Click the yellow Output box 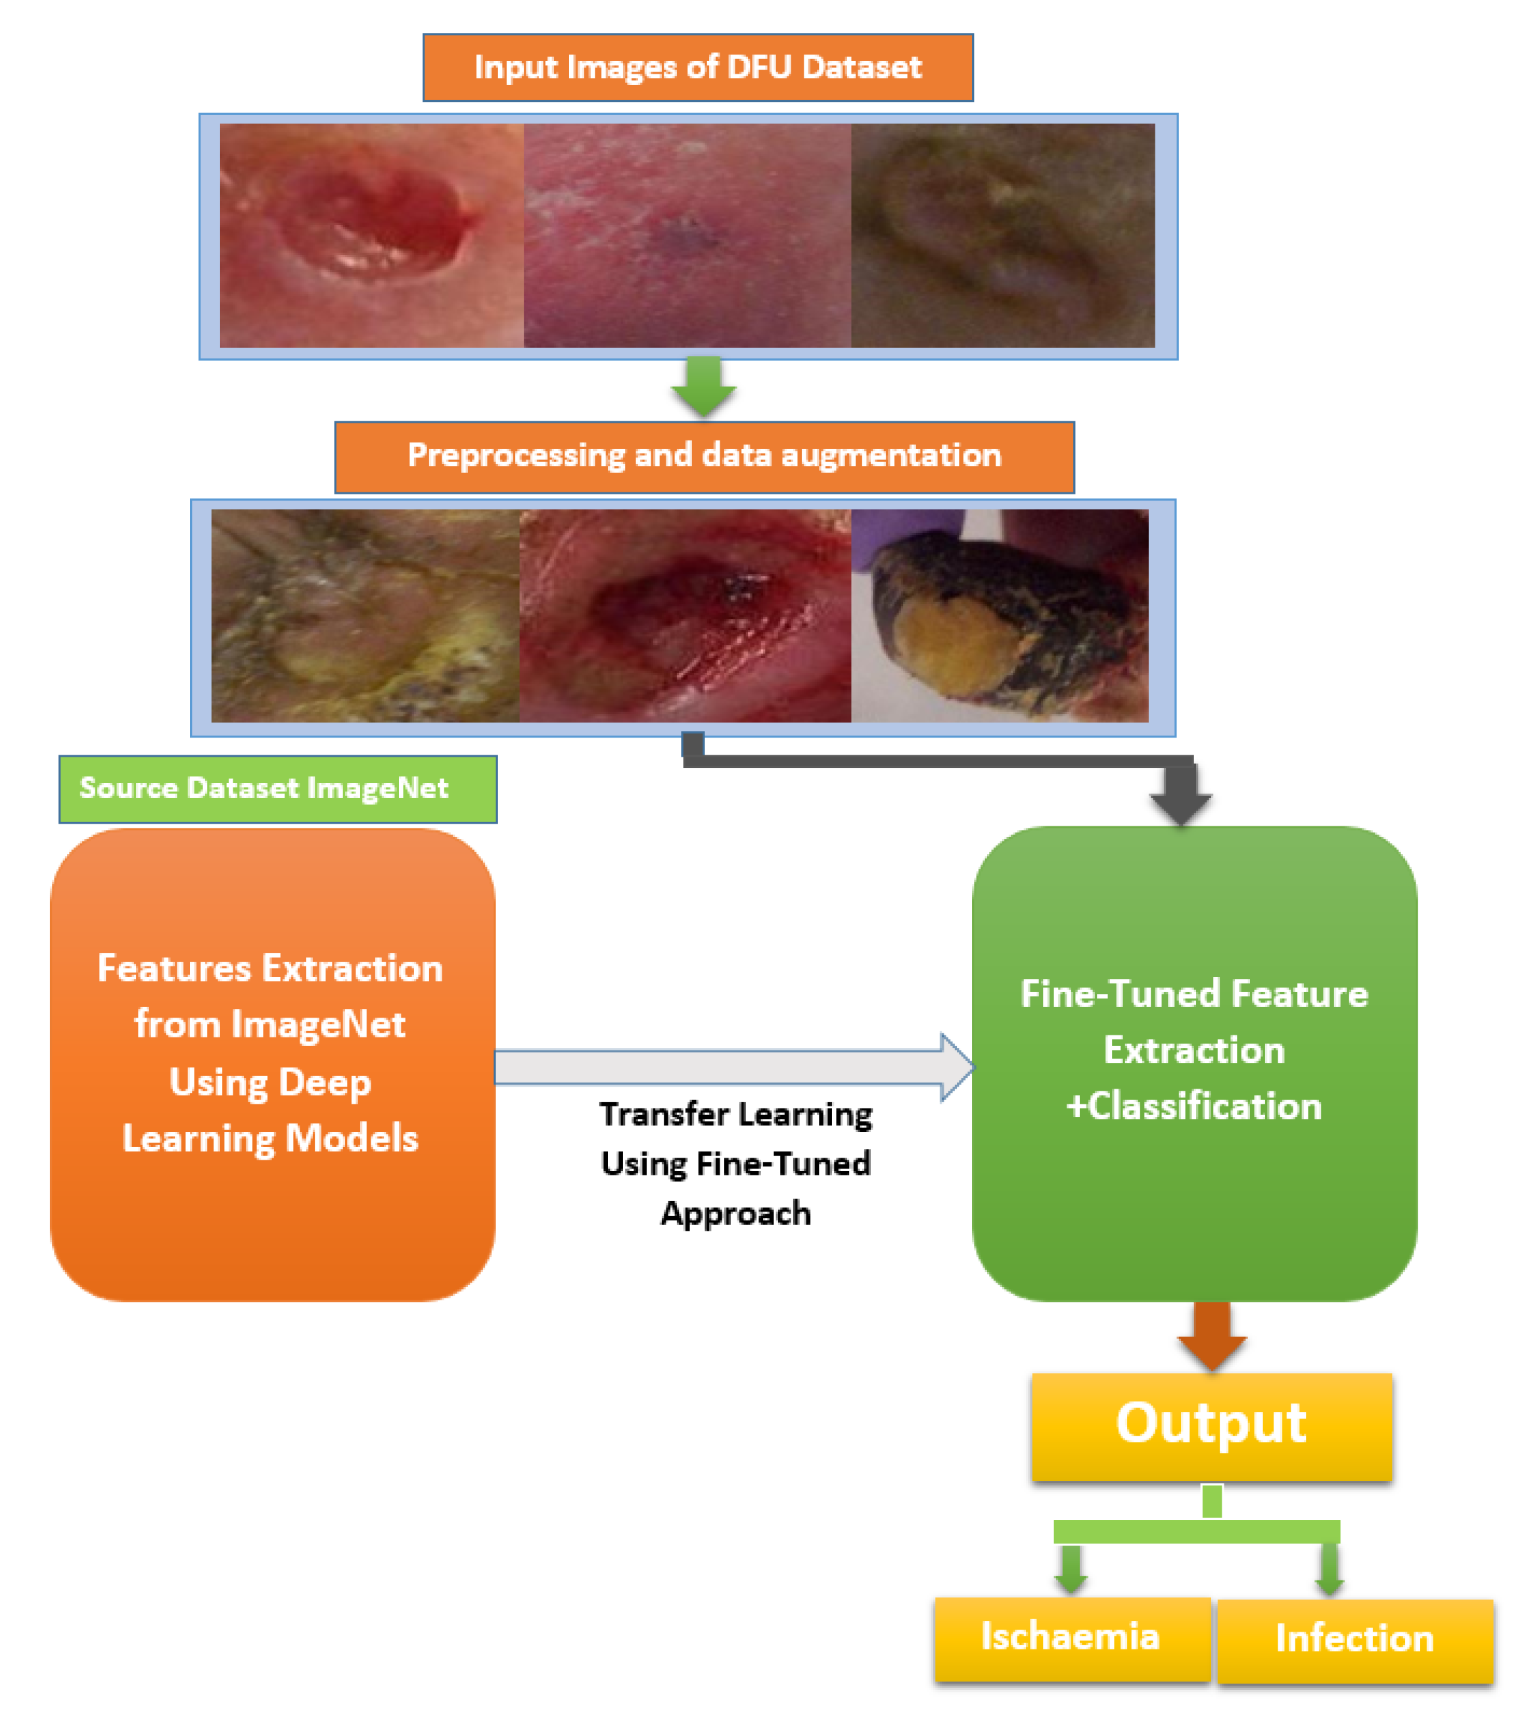pyautogui.click(x=1211, y=1425)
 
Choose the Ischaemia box pyautogui.click(x=1071, y=1637)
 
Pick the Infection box pyautogui.click(x=1354, y=1639)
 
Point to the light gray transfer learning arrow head pyautogui.click(x=957, y=1067)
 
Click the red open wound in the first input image pyautogui.click(x=371, y=228)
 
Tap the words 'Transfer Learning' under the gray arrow pyautogui.click(x=735, y=1114)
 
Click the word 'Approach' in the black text pyautogui.click(x=735, y=1214)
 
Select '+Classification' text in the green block pyautogui.click(x=1193, y=1106)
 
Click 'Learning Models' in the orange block pyautogui.click(x=270, y=1139)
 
